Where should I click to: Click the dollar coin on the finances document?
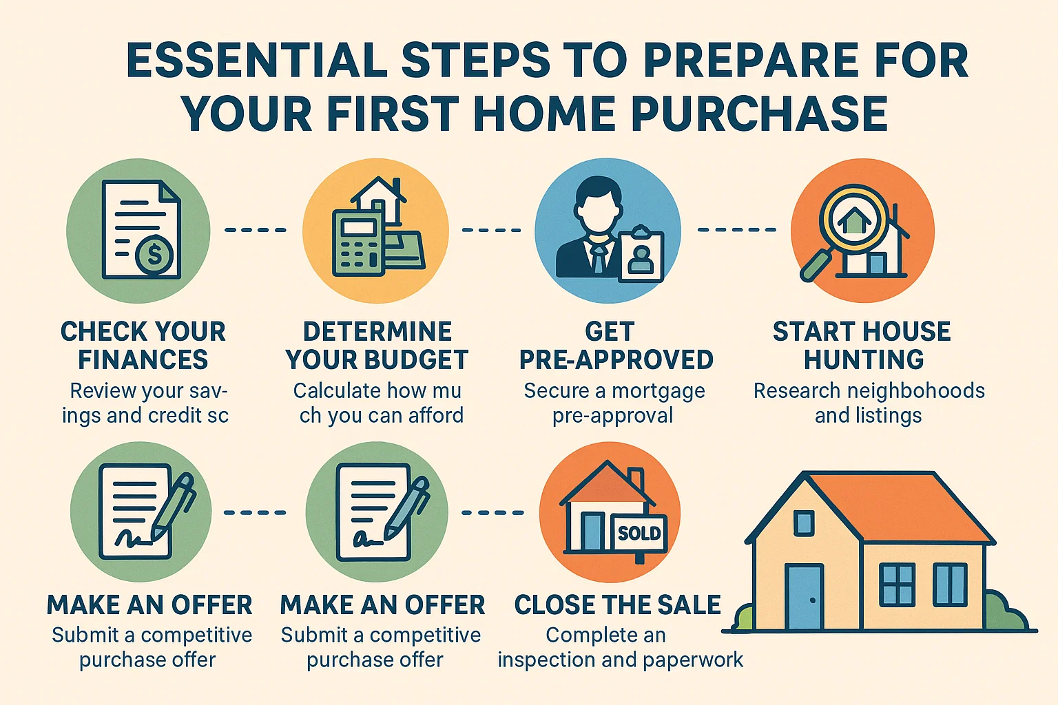coord(154,255)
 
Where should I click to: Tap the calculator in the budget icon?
coord(357,244)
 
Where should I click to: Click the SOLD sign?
coord(639,533)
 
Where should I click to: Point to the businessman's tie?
coord(599,260)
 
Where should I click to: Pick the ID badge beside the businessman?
coord(641,255)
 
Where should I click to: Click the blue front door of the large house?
coord(805,596)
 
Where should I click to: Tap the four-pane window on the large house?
coord(897,585)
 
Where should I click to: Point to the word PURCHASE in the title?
coord(759,114)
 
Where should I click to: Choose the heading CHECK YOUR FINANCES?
coord(143,346)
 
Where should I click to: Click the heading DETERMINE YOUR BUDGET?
coord(377,346)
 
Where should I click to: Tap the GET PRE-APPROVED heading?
coord(616,346)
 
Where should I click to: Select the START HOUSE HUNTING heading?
coord(862,346)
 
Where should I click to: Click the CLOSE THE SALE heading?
coord(617,605)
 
